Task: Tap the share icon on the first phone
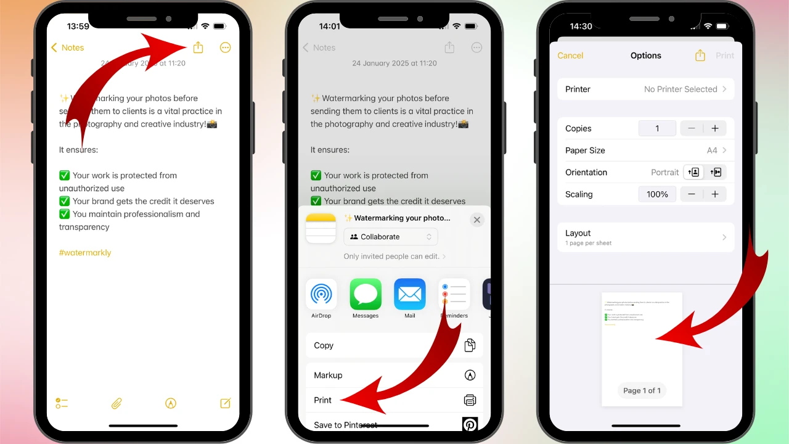(198, 47)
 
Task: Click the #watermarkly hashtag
(85, 253)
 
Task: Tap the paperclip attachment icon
(117, 403)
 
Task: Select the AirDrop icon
(321, 294)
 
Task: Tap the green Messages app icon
(366, 294)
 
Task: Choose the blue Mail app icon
(410, 294)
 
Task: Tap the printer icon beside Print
(470, 400)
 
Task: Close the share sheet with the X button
(476, 220)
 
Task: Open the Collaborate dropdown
(391, 237)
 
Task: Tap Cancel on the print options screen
(570, 55)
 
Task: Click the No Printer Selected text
(681, 89)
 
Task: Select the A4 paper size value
(712, 150)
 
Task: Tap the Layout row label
(578, 234)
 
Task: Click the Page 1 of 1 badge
(642, 390)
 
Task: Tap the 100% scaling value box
(657, 194)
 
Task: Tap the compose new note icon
(226, 403)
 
